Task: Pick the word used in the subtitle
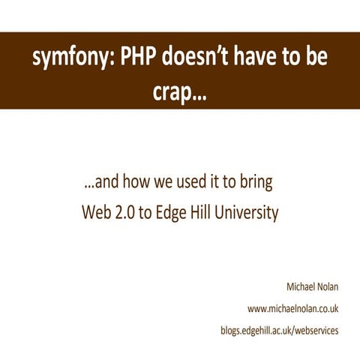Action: point(199,183)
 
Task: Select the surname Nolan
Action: point(327,286)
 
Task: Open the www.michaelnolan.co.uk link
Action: point(293,308)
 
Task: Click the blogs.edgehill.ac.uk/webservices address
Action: point(280,330)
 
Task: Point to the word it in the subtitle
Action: point(222,183)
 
